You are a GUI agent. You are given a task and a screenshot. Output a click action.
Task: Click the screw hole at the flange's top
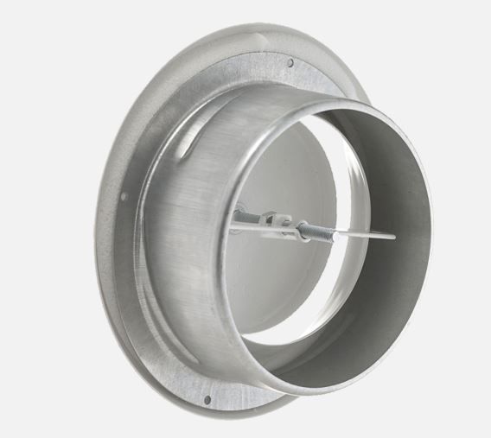pos(290,62)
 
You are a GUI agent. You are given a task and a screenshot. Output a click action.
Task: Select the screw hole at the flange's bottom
pos(207,399)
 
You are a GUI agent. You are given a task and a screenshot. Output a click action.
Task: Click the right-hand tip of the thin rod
pos(394,236)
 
